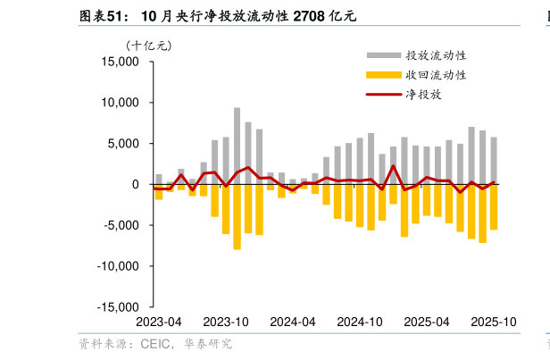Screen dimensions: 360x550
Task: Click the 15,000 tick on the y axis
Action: coord(122,62)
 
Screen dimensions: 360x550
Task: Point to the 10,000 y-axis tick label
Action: coord(122,103)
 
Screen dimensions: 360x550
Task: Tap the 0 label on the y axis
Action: coord(136,184)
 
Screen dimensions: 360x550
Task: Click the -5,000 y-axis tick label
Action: coord(123,225)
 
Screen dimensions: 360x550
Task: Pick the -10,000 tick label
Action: coord(121,266)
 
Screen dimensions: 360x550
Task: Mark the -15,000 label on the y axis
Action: coord(121,306)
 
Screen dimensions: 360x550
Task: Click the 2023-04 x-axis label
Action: coord(158,322)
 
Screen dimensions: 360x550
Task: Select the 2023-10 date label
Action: coord(226,322)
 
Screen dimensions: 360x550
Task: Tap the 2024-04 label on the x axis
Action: coord(293,322)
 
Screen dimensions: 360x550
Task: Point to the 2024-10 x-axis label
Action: coord(360,322)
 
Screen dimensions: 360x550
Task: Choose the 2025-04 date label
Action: coord(427,322)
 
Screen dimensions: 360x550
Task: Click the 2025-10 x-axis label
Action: coord(494,322)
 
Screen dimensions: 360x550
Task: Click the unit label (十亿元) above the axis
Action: coord(148,45)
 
